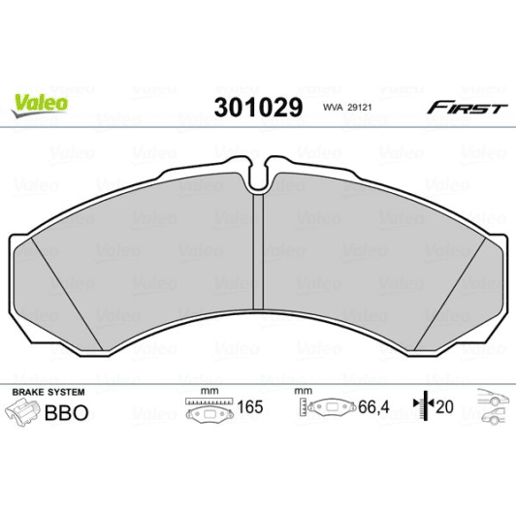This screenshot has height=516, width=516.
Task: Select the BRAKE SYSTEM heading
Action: pos(47,392)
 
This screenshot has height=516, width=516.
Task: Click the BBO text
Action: pos(68,412)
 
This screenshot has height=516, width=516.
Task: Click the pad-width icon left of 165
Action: pos(205,411)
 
